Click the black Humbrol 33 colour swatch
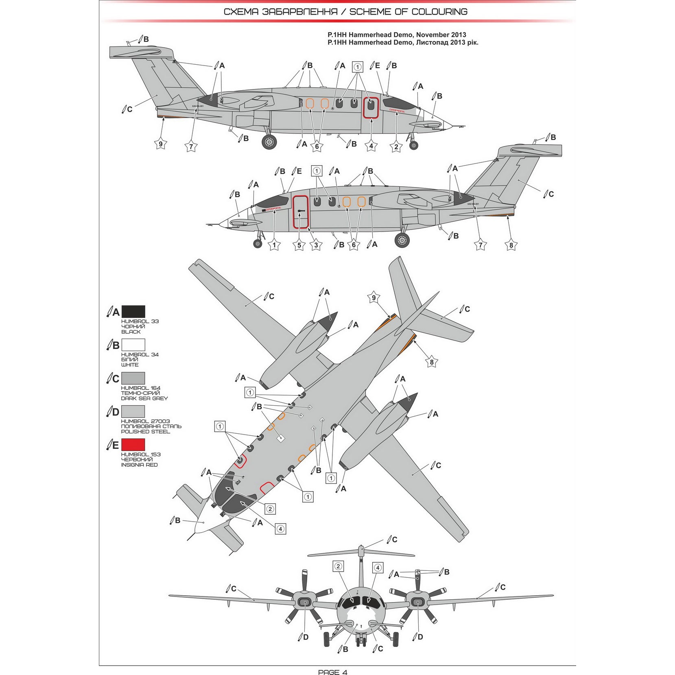pyautogui.click(x=133, y=312)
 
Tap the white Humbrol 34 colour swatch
pyautogui.click(x=133, y=345)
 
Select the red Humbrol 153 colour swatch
pyautogui.click(x=133, y=444)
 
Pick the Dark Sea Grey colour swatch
pyautogui.click(x=133, y=378)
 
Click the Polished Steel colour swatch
pyautogui.click(x=133, y=411)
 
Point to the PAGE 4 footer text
pyautogui.click(x=332, y=672)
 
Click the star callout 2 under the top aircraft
pyautogui.click(x=396, y=147)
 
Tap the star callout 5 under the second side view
pyautogui.click(x=299, y=245)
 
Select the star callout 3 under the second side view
pyautogui.click(x=316, y=245)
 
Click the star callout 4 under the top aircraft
pyautogui.click(x=371, y=146)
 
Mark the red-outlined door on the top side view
pyautogui.click(x=371, y=108)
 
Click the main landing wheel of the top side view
pyautogui.click(x=269, y=142)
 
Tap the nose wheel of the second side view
pyautogui.click(x=258, y=243)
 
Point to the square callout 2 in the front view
pyautogui.click(x=338, y=566)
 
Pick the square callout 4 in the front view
pyautogui.click(x=378, y=568)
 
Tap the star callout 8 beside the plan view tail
pyautogui.click(x=432, y=362)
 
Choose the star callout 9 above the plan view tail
pyautogui.click(x=374, y=298)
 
